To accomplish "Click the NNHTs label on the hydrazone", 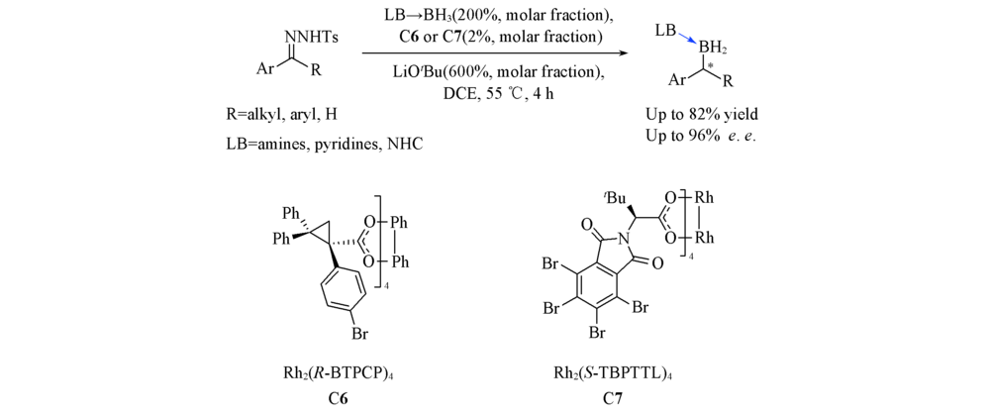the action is coord(311,38).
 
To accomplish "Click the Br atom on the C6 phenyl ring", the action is coord(343,336).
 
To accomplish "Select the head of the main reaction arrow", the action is coord(625,53).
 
